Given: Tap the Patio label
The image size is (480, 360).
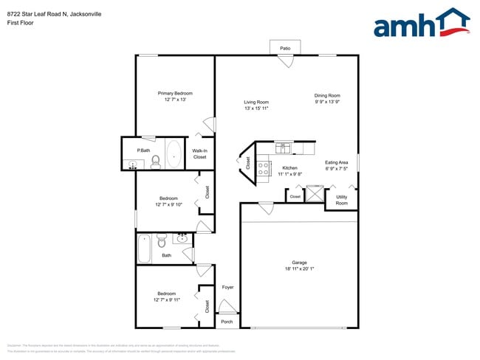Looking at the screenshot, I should [285, 49].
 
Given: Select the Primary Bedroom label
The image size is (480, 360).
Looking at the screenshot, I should [175, 93].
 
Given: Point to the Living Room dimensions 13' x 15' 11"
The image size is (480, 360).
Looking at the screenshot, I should [256, 108].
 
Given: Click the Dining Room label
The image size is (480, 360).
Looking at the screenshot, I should [327, 95].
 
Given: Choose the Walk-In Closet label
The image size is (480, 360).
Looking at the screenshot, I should [199, 154].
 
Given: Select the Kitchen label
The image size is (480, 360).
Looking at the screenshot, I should [289, 168].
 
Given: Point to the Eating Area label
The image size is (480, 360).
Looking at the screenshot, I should [337, 162].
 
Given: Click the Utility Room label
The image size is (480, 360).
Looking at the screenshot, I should [341, 200].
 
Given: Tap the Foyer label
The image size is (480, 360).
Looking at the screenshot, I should [227, 287].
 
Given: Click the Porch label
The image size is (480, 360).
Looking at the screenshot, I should [227, 322].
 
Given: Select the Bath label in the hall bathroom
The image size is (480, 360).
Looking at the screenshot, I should [167, 256].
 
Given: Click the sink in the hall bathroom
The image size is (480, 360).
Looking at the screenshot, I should [182, 238].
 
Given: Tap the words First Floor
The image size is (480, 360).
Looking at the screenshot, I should [21, 23].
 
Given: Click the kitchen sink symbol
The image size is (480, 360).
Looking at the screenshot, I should [284, 148].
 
